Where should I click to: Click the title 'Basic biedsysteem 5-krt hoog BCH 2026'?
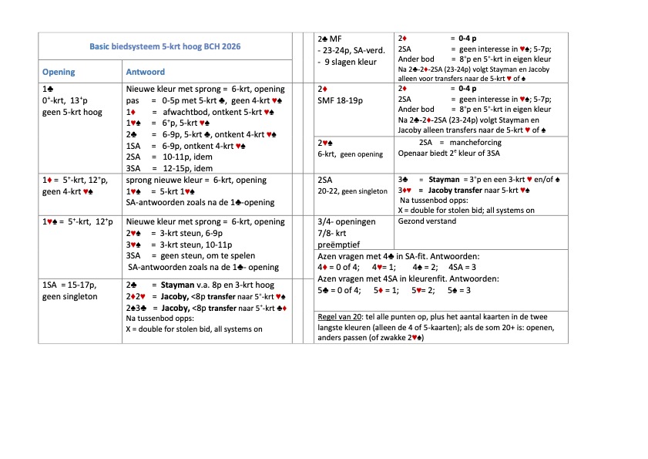pyautogui.click(x=165, y=46)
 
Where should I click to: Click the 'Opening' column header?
pyautogui.click(x=59, y=72)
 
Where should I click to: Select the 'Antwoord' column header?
pyautogui.click(x=145, y=72)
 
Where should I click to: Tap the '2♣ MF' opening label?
pyautogui.click(x=331, y=38)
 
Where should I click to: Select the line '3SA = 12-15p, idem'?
pyautogui.click(x=170, y=167)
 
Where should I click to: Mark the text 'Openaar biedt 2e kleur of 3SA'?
pyautogui.click(x=441, y=153)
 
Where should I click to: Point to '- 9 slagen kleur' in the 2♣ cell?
pyautogui.click(x=345, y=62)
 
